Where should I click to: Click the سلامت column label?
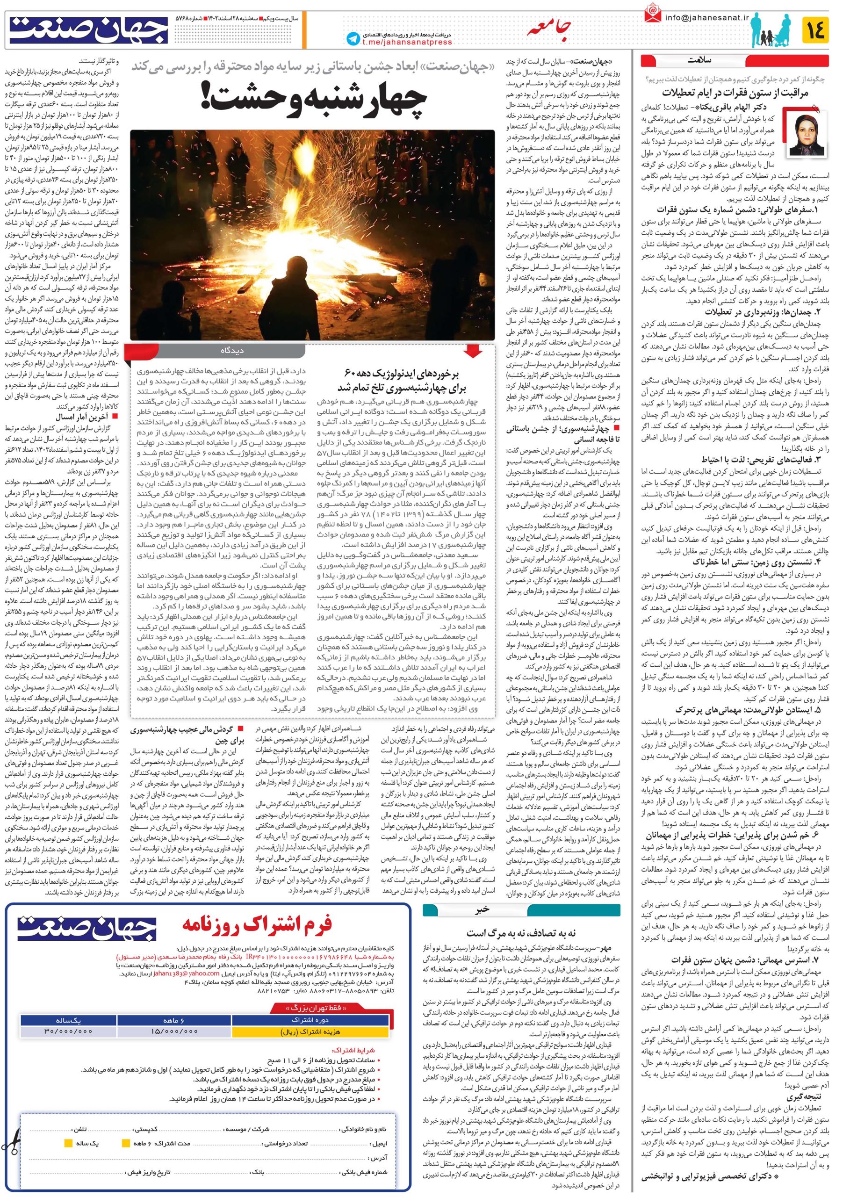click(x=698, y=60)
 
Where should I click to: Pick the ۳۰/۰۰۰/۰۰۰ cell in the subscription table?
click(x=69, y=1031)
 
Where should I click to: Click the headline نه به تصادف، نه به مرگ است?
click(x=522, y=934)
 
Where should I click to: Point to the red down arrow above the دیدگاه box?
click(x=473, y=351)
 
